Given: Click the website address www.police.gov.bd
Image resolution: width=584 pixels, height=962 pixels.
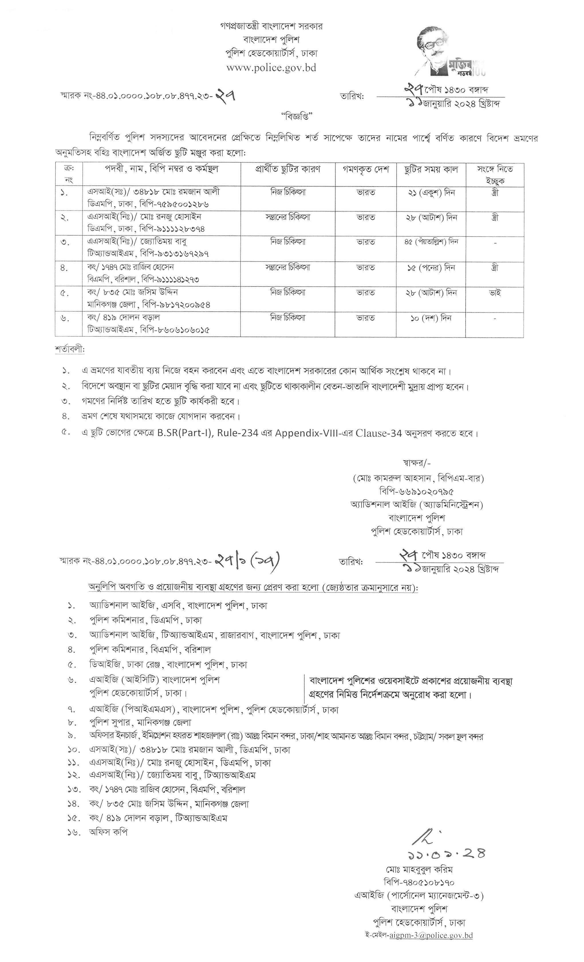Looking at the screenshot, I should click(x=271, y=68).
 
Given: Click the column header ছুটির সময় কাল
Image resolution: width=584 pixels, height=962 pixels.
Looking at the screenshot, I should click(x=431, y=169).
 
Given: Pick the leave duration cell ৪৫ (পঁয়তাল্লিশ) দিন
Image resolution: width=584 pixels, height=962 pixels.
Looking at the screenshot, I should click(x=431, y=242).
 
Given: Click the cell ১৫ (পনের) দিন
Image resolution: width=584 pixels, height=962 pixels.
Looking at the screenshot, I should click(x=431, y=268).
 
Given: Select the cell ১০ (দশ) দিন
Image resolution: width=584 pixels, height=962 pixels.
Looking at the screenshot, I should click(x=431, y=318).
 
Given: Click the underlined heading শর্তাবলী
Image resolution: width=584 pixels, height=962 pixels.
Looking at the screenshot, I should click(x=70, y=349).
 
